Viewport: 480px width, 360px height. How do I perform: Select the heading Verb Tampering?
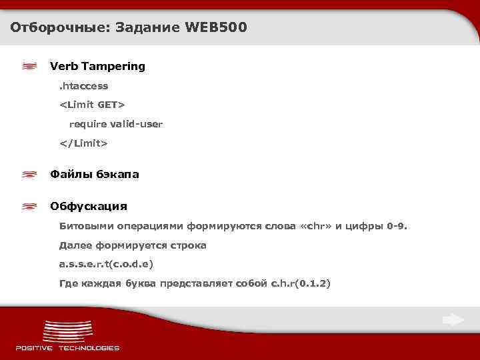(97, 66)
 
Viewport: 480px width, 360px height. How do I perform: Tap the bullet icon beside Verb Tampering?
(29, 66)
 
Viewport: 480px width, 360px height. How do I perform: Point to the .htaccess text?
(83, 86)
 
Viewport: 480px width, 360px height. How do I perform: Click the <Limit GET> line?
(92, 105)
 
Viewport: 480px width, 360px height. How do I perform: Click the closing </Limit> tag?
(83, 143)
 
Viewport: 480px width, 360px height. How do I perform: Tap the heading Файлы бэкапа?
(95, 174)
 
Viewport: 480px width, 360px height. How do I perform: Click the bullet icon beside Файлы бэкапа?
(29, 174)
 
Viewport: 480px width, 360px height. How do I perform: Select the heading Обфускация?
(89, 206)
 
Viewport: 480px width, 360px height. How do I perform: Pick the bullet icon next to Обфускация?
(29, 206)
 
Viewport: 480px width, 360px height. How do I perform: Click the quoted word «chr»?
(317, 226)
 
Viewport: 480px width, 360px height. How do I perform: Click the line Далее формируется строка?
(133, 245)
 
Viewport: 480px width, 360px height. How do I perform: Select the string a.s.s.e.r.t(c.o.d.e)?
(106, 265)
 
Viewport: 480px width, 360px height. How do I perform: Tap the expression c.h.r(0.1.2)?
(300, 284)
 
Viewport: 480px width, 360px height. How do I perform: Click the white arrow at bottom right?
(453, 320)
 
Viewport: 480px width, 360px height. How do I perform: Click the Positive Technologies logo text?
(67, 347)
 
